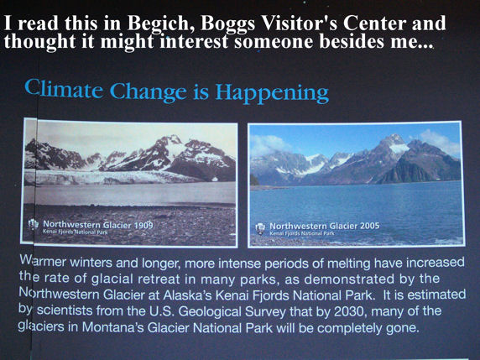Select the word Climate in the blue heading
point(64,88)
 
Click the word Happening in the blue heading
point(272,93)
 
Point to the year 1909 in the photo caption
point(143,226)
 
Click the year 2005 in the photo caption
point(370,226)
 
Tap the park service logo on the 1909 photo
point(33,225)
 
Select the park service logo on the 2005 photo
point(260,229)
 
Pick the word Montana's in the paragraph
point(113,327)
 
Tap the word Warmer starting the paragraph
point(43,261)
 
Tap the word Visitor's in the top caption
point(300,23)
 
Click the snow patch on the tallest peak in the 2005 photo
point(399,149)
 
